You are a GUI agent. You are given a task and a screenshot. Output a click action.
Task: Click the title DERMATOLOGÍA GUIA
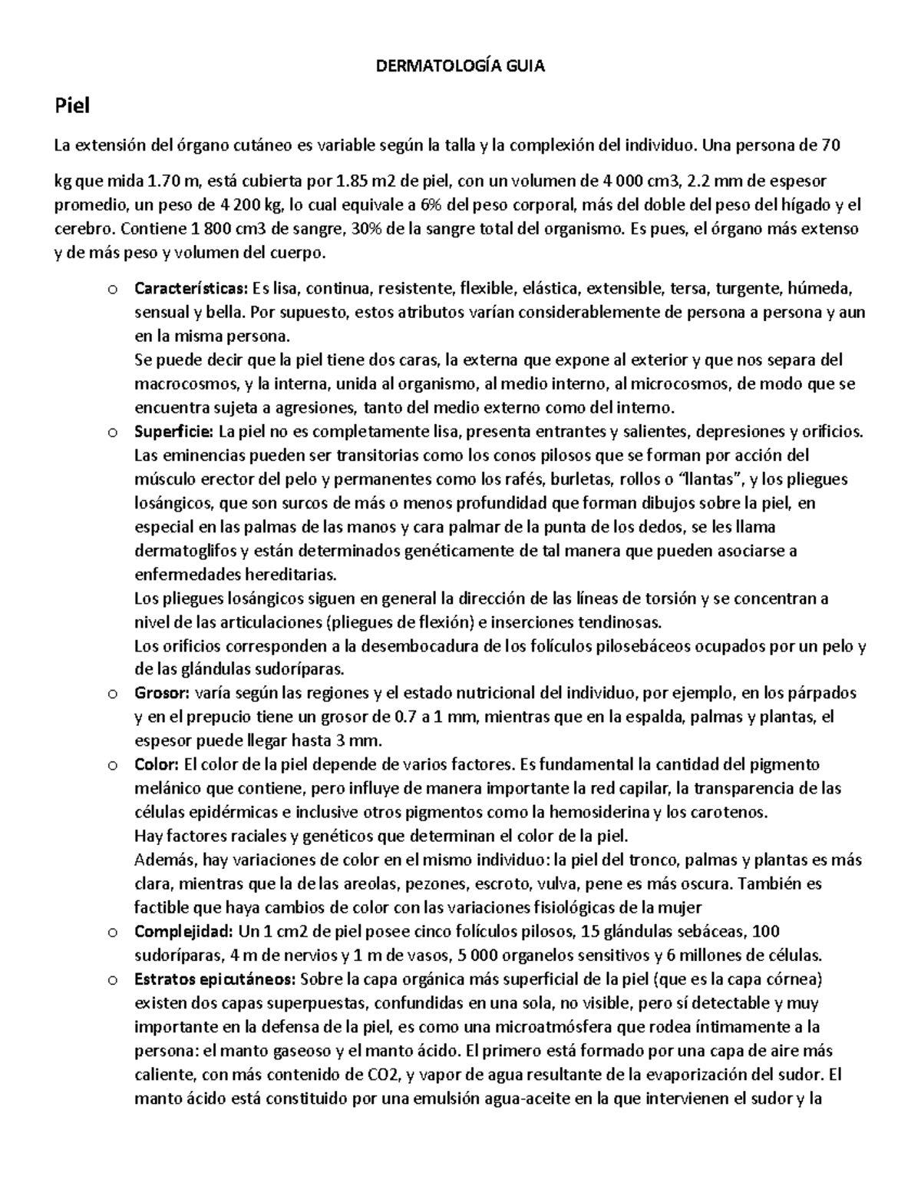coord(460,67)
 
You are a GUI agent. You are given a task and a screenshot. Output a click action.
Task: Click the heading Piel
coord(71,106)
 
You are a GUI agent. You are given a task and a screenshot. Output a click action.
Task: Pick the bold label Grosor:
coord(161,694)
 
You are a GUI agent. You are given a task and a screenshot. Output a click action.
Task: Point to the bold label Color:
coord(157,765)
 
